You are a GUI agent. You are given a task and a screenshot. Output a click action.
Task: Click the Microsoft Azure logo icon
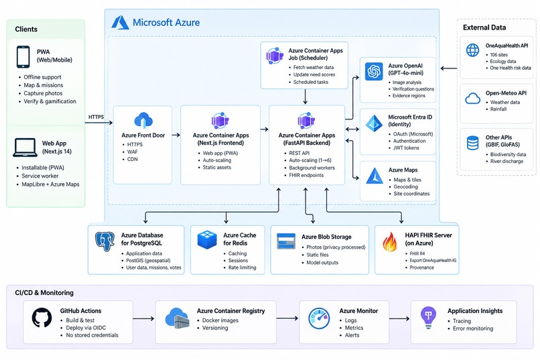click(120, 22)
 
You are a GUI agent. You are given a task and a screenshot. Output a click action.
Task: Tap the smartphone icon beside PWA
click(23, 57)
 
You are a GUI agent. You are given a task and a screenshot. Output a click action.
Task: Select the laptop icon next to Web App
click(25, 147)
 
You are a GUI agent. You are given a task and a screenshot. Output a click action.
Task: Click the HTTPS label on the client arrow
click(96, 117)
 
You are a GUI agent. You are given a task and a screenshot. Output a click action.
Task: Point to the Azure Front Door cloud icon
click(143, 120)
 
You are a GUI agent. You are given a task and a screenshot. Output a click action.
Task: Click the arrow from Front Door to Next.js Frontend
click(176, 135)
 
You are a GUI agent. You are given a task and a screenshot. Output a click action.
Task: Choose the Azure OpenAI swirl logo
click(374, 71)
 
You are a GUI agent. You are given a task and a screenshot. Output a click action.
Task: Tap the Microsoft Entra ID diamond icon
click(374, 123)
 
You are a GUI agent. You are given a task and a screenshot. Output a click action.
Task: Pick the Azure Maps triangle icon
click(375, 176)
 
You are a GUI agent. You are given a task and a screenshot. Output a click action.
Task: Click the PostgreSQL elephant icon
click(105, 241)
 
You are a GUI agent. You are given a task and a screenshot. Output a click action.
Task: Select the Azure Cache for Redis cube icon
click(207, 240)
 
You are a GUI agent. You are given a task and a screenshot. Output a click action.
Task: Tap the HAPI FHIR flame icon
click(390, 241)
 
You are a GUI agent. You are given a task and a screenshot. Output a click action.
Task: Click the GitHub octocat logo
click(42, 318)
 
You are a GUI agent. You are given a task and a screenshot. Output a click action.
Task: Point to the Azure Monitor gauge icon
click(319, 318)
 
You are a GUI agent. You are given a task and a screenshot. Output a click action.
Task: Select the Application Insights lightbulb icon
click(428, 318)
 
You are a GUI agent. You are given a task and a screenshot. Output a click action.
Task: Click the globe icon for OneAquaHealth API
click(472, 50)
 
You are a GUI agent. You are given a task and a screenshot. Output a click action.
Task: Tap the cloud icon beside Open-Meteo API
click(472, 99)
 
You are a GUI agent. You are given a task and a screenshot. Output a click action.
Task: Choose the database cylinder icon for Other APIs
click(472, 143)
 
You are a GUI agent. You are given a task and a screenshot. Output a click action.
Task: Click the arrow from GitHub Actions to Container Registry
click(143, 318)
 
